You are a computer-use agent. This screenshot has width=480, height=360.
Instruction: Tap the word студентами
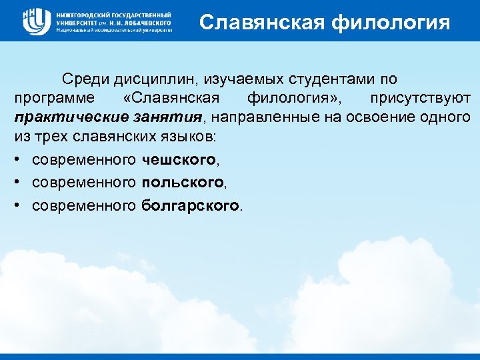click(x=327, y=79)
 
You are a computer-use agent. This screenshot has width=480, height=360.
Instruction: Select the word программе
click(x=49, y=99)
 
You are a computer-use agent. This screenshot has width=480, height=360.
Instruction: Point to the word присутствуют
click(x=427, y=99)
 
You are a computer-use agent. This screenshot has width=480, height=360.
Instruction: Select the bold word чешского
click(x=179, y=160)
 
